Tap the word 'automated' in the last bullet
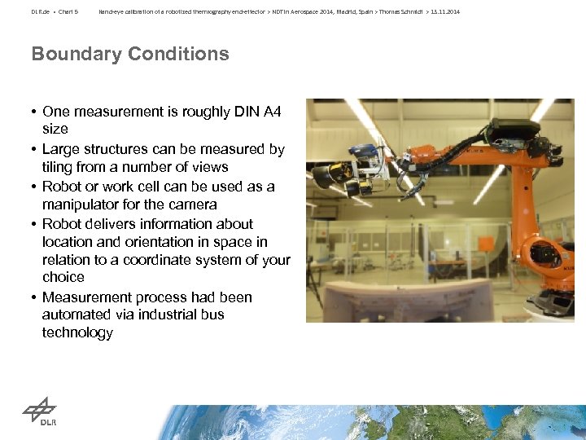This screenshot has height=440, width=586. pos(77,315)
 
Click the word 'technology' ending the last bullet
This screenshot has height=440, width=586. pos(77,332)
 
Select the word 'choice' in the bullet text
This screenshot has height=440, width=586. pos(63,277)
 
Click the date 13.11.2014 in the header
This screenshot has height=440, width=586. pos(445,12)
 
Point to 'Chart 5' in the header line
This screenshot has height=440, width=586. pos(66,12)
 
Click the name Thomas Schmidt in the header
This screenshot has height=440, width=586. pos(399,12)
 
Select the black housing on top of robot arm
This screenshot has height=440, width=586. pos(512,128)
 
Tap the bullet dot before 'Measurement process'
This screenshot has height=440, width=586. pos(34,297)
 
